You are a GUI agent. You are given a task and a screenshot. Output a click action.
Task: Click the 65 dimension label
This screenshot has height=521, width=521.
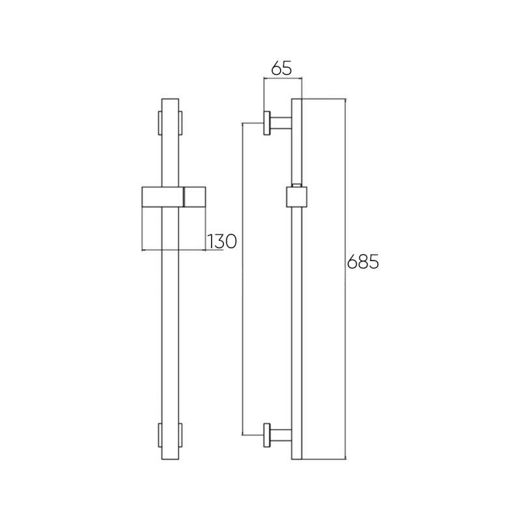[281, 68]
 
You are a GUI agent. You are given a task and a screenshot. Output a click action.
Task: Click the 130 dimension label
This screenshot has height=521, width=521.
[221, 241]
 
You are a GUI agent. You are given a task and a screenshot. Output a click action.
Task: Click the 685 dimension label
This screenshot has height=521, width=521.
[363, 262]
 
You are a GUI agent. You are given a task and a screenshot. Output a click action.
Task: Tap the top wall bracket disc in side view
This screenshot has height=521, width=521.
[266, 123]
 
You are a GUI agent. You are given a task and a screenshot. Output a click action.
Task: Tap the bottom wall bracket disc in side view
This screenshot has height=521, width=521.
[266, 435]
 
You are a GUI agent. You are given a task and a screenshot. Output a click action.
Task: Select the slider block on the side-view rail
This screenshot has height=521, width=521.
[296, 197]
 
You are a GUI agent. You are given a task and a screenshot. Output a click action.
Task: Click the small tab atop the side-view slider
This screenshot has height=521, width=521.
[296, 185]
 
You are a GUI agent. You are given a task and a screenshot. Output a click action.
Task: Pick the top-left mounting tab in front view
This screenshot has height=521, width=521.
[160, 123]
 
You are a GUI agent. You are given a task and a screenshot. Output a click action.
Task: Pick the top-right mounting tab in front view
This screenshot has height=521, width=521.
[180, 123]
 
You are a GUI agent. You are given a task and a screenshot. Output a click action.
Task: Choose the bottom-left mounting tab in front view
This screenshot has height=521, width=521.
[160, 435]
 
